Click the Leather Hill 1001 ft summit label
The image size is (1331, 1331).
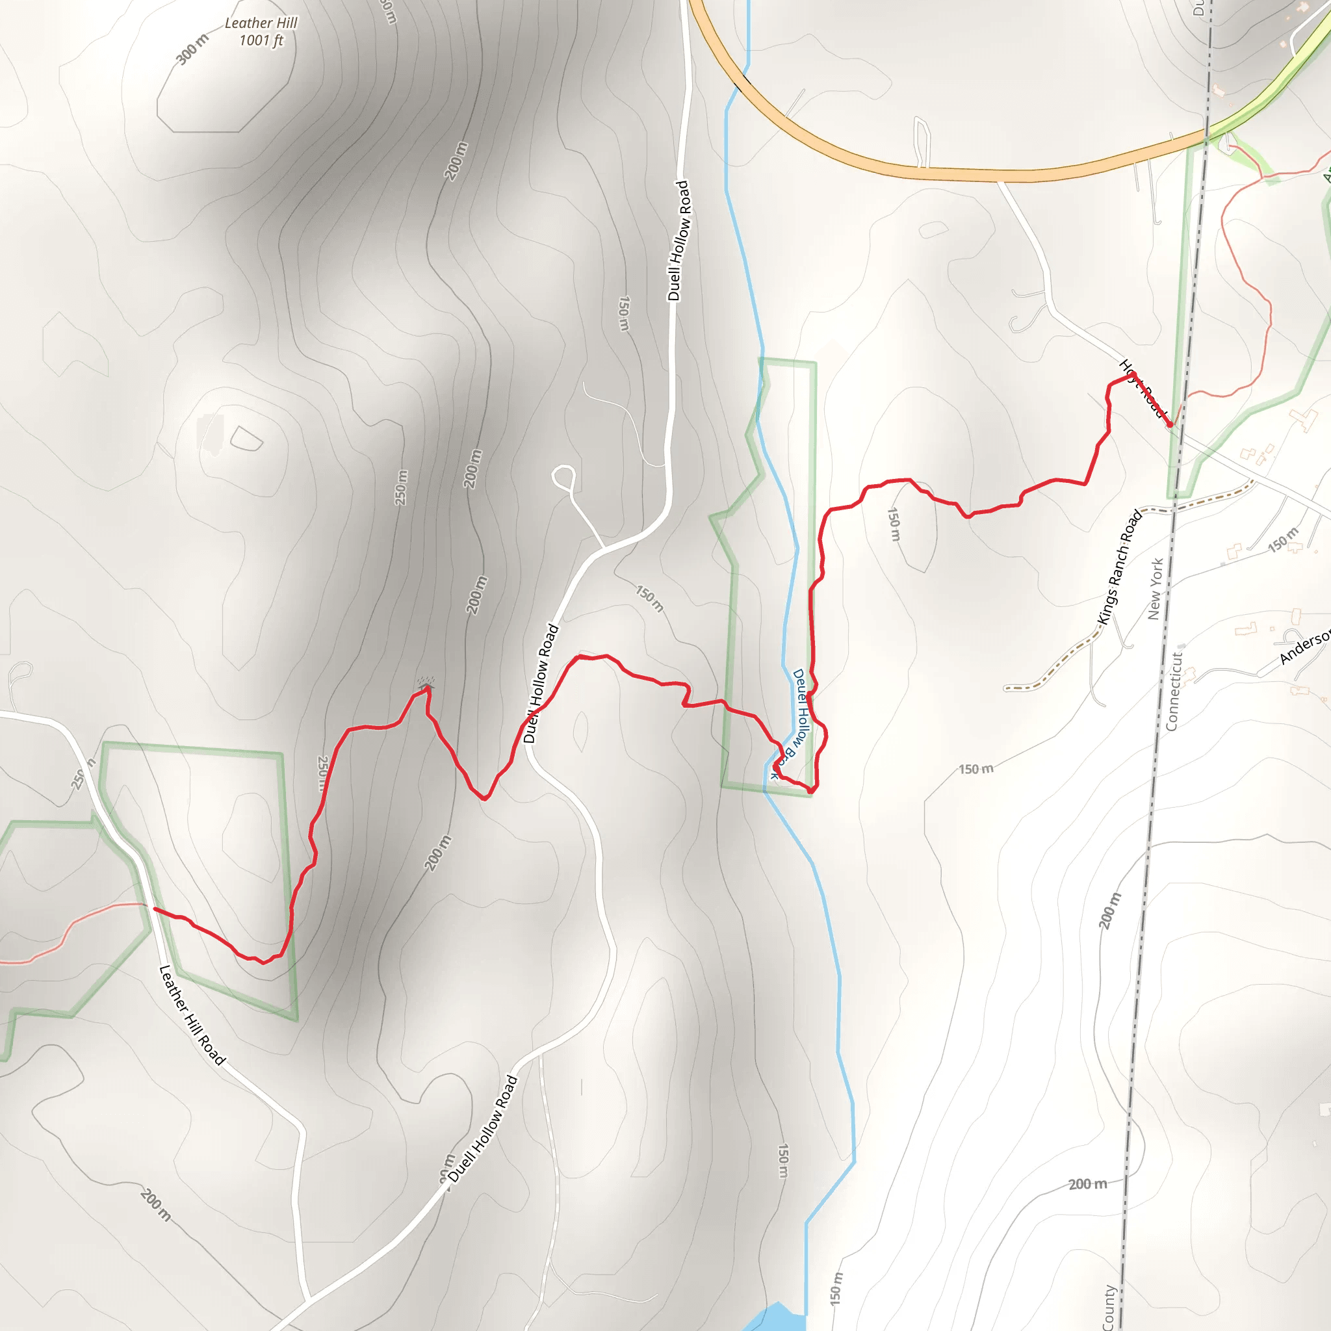coord(261,32)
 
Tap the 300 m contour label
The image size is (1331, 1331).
coord(192,49)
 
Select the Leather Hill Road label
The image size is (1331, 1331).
coord(192,1014)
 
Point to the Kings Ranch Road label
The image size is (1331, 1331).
coord(1120,566)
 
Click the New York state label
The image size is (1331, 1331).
coord(1156,588)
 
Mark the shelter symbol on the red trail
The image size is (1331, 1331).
coord(426,684)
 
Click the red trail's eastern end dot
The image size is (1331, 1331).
coord(1170,424)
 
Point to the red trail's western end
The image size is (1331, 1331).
coord(154,909)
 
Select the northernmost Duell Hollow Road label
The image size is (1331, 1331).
coord(678,240)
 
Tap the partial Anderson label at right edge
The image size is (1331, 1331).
coord(1306,648)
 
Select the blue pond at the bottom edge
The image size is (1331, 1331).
coord(775,1318)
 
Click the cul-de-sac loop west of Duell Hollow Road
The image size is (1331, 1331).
coord(564,475)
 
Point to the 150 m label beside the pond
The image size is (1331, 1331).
coord(836,1288)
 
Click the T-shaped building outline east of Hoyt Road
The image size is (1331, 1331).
coord(1303,418)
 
